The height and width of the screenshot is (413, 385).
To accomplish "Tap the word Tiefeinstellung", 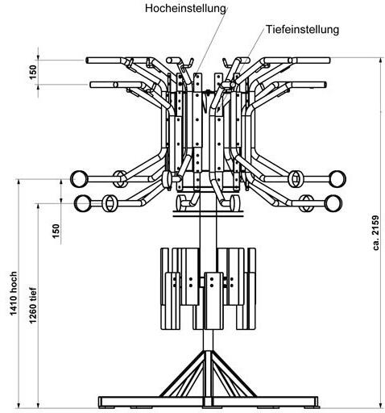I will (x=300, y=29).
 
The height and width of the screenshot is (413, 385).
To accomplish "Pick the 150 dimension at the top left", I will (x=32, y=72).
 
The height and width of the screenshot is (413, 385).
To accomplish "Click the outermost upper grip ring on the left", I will (x=81, y=177).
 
